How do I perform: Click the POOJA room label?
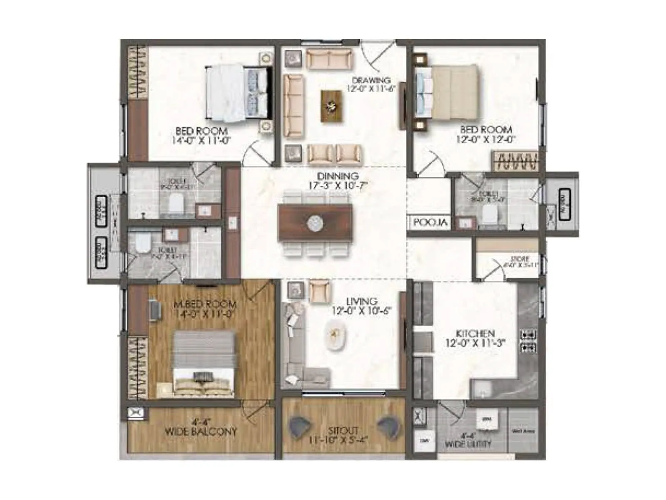tap(430, 222)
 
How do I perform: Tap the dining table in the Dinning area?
tap(315, 223)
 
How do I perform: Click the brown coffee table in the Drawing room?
tap(332, 106)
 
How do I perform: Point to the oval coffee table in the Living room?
tap(335, 336)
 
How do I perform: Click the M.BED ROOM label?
tap(205, 305)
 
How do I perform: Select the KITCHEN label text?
tap(475, 334)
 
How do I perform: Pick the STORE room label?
tap(519, 259)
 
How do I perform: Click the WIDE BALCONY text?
tap(201, 432)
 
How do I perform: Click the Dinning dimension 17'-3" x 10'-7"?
tap(338, 185)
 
